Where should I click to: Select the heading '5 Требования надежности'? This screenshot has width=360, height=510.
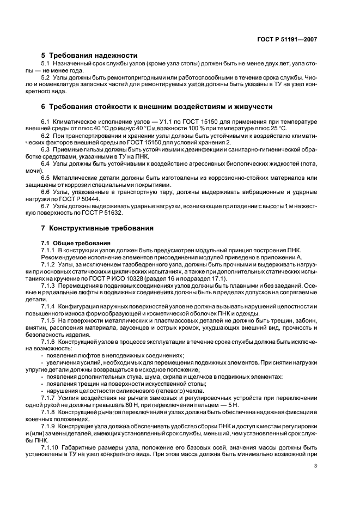89,55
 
